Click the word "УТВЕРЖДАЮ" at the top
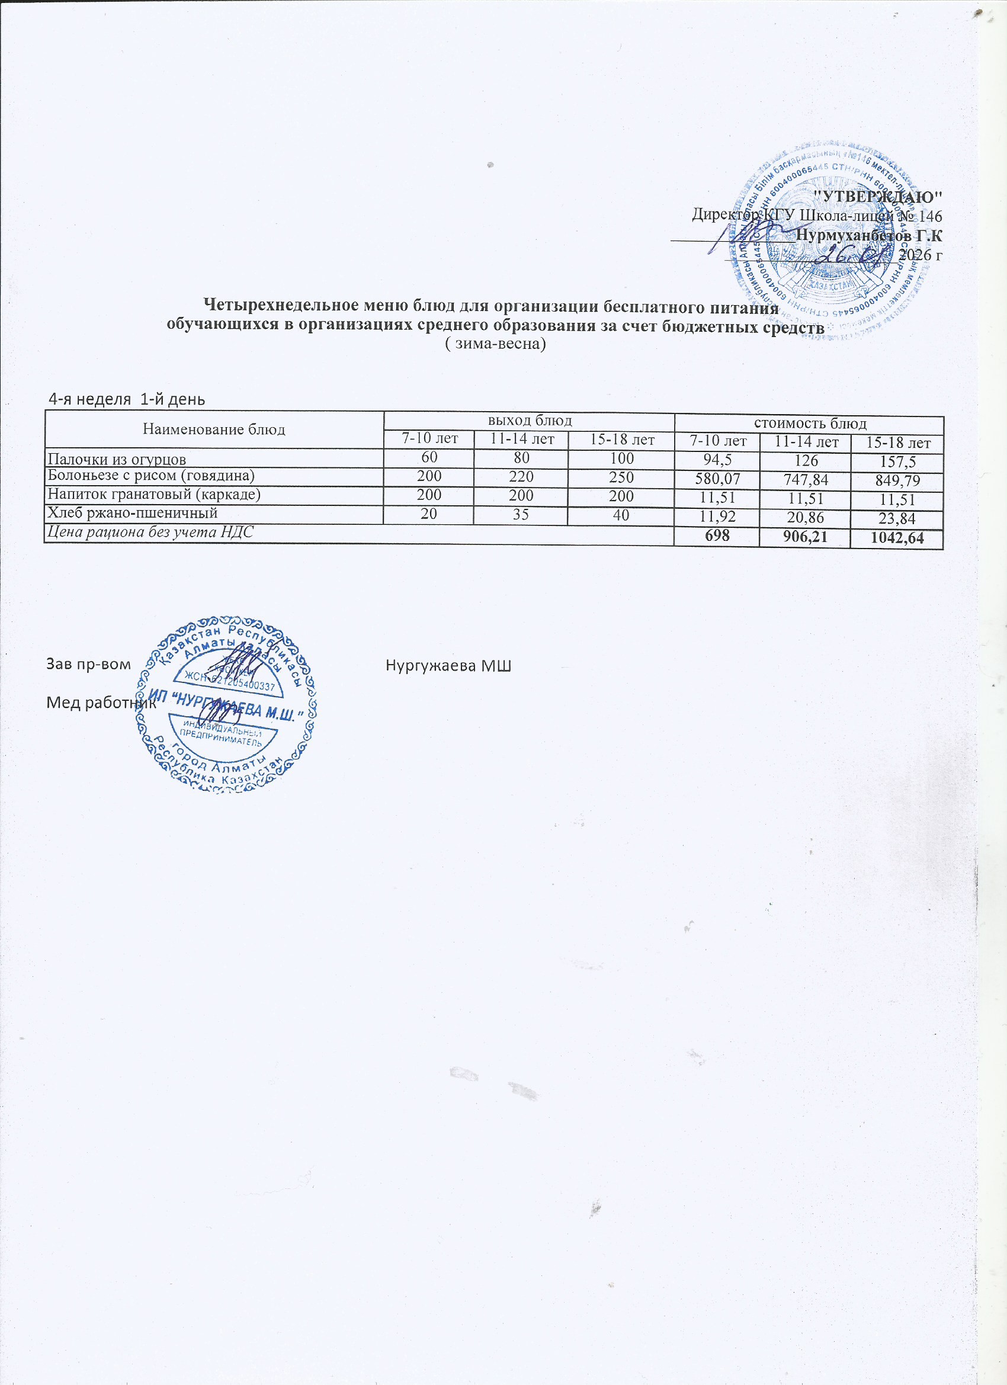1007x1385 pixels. (x=879, y=197)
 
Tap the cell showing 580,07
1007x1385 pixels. (x=716, y=479)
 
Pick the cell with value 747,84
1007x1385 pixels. (x=807, y=480)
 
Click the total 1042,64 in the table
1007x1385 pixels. (x=897, y=538)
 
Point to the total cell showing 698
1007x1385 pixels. (x=716, y=537)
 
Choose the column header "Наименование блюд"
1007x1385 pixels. (x=214, y=429)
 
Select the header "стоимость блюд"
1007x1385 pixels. (x=809, y=423)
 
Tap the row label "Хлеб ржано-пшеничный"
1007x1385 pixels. (x=133, y=513)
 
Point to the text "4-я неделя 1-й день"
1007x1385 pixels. (x=126, y=399)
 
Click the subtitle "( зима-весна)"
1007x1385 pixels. (x=494, y=344)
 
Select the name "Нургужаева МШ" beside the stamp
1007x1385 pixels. (x=448, y=665)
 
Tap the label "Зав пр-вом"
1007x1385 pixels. (x=88, y=664)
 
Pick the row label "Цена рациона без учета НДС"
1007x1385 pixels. (x=150, y=531)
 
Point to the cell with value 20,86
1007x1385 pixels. (x=807, y=519)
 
